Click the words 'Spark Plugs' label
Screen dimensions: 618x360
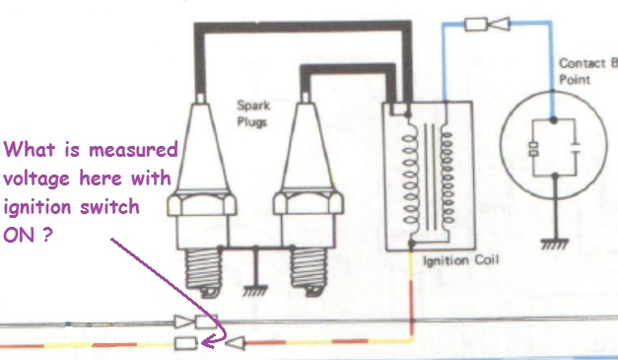point(253,113)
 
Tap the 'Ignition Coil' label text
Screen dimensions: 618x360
point(460,260)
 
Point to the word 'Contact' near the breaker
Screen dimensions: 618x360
point(583,63)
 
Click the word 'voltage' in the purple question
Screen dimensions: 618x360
point(36,179)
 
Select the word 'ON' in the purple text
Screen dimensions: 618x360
point(18,235)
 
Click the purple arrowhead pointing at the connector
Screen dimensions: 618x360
point(210,341)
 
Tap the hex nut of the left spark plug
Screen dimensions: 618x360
point(201,204)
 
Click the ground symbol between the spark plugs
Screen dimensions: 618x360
point(255,291)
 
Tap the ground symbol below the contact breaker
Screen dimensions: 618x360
point(555,244)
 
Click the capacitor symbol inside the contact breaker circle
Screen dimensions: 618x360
point(576,147)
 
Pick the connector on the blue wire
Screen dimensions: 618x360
point(487,24)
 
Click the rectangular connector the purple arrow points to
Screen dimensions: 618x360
point(185,343)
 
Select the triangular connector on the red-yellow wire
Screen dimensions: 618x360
point(236,343)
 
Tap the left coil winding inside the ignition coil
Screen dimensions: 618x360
point(410,180)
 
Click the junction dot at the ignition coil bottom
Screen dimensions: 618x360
point(411,244)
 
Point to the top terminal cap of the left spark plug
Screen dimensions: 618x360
point(201,98)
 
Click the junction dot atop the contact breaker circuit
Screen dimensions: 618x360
point(553,119)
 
